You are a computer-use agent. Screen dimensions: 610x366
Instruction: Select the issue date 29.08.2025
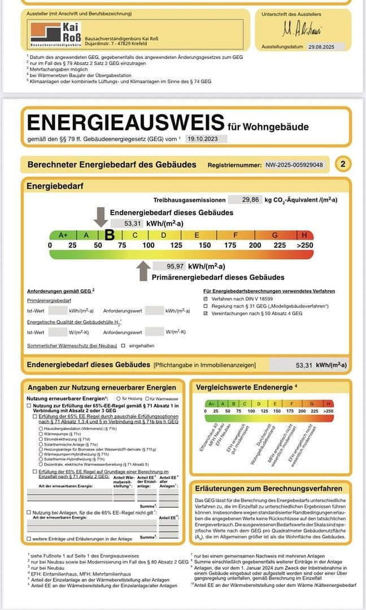click(x=325, y=48)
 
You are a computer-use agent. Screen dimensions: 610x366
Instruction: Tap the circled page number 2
click(x=342, y=164)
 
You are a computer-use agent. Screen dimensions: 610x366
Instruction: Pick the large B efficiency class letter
click(x=110, y=234)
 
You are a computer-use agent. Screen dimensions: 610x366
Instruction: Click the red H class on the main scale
click(x=305, y=234)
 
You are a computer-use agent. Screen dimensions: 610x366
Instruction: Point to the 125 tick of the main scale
click(x=176, y=245)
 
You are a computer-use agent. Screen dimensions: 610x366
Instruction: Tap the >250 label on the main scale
click(x=304, y=245)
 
